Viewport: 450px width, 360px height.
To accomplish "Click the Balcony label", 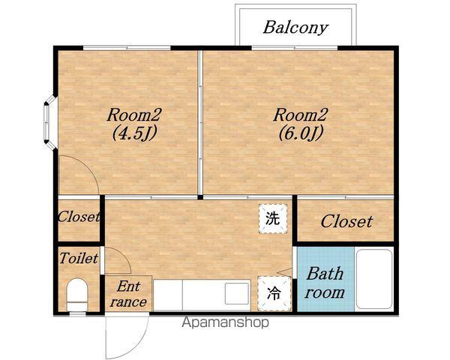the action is [295, 28].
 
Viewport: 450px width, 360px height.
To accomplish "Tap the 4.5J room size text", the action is [134, 133].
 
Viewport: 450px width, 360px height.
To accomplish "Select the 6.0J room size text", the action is [301, 133].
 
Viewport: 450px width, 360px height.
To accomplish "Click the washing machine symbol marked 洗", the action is [273, 218].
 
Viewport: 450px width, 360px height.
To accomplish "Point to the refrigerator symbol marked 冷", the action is [274, 293].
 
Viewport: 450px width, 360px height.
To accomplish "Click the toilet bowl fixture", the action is [77, 295].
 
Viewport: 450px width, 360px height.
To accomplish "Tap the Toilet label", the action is [79, 258].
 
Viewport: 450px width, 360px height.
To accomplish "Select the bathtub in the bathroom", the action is [374, 279].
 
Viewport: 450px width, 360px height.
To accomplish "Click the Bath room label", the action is [325, 283].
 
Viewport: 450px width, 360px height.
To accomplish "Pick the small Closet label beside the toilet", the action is [79, 217].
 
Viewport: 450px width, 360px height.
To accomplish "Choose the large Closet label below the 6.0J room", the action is [346, 221].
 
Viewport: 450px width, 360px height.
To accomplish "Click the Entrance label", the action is [128, 294].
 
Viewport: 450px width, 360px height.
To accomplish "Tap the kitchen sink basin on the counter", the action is [237, 293].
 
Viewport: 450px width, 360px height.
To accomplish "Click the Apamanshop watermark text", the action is [226, 322].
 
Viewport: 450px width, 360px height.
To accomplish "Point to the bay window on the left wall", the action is [50, 123].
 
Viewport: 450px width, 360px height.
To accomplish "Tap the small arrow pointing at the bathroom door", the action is [285, 271].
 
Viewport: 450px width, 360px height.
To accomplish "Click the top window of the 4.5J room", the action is [127, 48].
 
